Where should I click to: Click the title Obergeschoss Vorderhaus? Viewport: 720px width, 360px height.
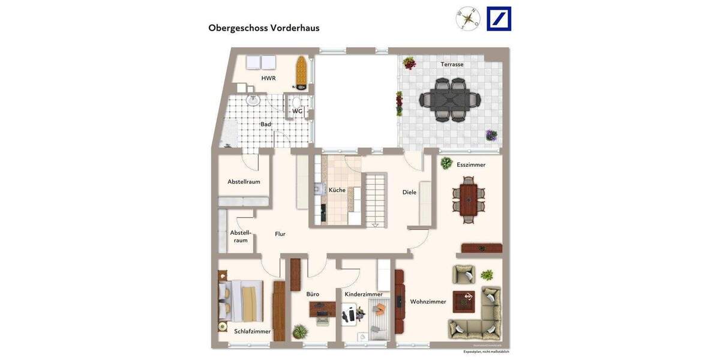point(263,28)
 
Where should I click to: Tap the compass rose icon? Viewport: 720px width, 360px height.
point(468,19)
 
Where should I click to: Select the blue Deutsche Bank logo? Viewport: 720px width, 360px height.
point(499,19)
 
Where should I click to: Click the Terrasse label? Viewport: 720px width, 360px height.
point(452,64)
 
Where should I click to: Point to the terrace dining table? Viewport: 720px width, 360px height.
point(450,100)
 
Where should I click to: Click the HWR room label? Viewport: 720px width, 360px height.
point(268,78)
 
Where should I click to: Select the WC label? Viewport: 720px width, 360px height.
point(298,111)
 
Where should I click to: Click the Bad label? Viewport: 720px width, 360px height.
point(265,124)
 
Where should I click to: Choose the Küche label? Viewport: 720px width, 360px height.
point(337,190)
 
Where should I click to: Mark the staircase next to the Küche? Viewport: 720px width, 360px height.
point(376,199)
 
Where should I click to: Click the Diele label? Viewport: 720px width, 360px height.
point(409,192)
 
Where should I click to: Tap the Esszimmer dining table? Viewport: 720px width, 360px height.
point(469,200)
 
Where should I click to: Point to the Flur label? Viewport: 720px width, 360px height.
point(280,234)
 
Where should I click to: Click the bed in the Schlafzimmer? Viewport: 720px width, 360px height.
point(241,303)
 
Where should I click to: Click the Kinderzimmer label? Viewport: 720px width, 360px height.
point(364,294)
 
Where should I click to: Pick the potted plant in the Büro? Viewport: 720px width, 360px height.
point(299,332)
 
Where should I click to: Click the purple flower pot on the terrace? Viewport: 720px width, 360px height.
point(491,135)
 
